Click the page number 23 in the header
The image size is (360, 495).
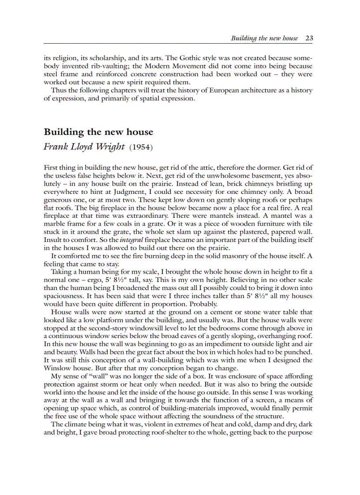click(309, 38)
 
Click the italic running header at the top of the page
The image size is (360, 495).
click(264, 38)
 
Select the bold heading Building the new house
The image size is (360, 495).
click(98, 132)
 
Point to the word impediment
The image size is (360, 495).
click(220, 344)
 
